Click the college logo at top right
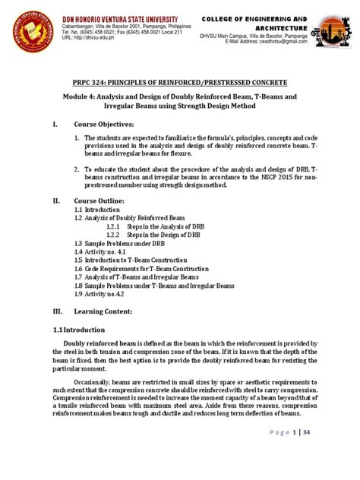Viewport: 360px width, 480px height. (x=333, y=30)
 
